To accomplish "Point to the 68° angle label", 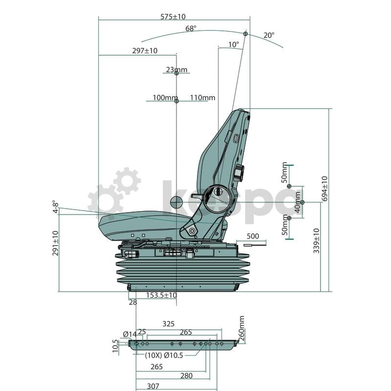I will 191,29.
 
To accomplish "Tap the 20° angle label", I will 269,35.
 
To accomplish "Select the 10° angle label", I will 234,44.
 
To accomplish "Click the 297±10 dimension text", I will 145,51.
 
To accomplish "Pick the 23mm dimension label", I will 176,70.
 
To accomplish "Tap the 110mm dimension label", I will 202,98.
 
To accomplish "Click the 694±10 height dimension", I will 325,188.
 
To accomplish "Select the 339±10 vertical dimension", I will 316,240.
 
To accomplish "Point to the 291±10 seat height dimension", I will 55,243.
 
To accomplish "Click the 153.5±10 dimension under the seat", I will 161,296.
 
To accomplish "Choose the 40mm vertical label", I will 298,201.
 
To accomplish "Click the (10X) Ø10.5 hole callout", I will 164,355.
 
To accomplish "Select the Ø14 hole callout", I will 130,334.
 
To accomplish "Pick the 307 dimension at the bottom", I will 153,386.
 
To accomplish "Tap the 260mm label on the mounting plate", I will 241,328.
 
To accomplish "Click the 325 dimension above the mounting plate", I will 168,324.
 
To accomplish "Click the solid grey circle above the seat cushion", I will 176,201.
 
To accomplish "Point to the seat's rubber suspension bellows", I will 183,273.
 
